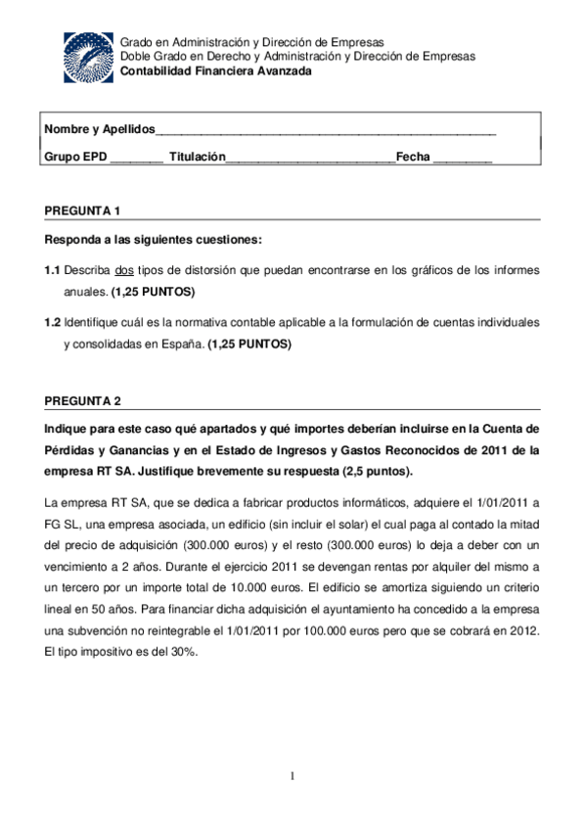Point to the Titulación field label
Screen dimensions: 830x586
tap(197, 157)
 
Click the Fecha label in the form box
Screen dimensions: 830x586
tap(413, 157)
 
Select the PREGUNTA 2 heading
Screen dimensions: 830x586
tap(83, 401)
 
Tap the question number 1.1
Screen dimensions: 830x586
tap(54, 269)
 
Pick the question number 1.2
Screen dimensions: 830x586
tap(54, 322)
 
